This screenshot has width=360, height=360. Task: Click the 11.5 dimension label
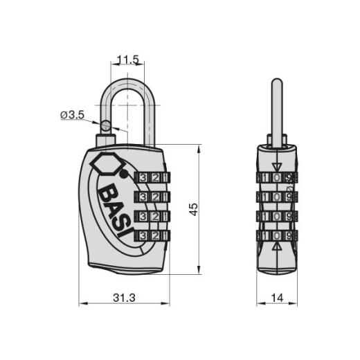coord(128,60)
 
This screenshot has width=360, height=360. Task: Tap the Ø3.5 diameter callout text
coord(72,115)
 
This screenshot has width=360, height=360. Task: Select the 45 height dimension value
coord(193,209)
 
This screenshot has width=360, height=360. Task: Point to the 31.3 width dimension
coord(124,298)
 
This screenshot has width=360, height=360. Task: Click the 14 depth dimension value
coord(277,298)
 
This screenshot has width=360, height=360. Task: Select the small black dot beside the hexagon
coord(124,174)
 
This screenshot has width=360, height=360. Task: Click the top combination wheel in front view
coord(152,178)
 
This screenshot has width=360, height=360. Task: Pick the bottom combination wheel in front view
coord(152,236)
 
